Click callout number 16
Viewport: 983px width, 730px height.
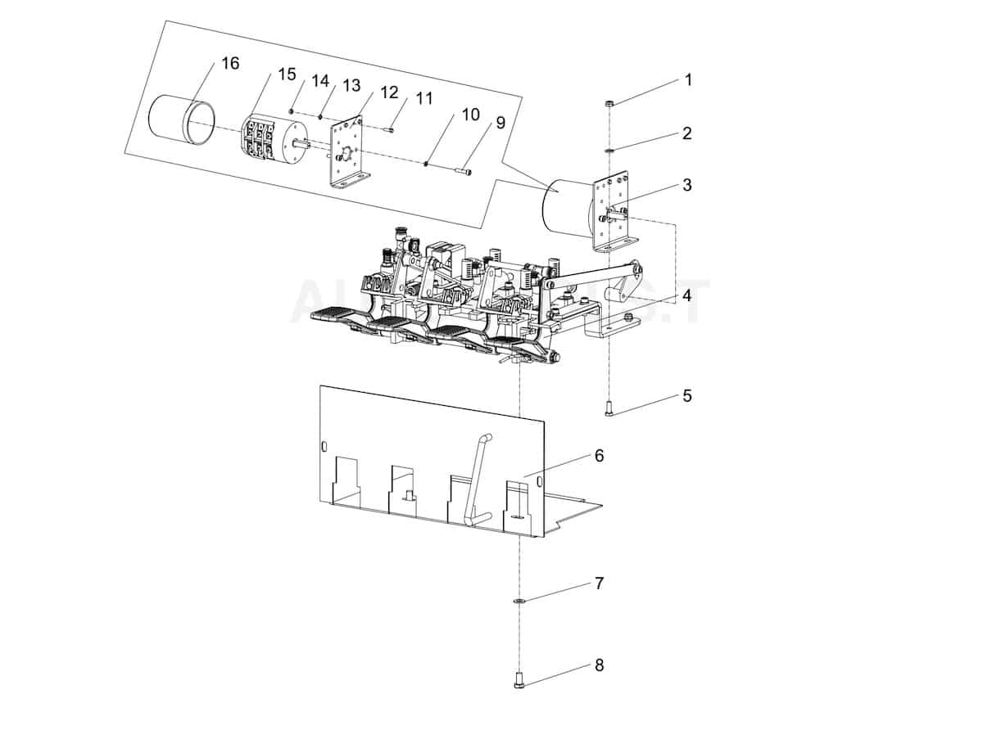click(230, 63)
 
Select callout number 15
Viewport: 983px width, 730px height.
click(286, 74)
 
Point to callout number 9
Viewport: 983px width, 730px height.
click(500, 123)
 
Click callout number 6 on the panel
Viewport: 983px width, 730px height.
click(599, 455)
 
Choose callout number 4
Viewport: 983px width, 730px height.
click(686, 294)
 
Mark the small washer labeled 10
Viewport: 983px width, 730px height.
click(428, 164)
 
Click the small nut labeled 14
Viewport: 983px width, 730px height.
click(292, 110)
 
